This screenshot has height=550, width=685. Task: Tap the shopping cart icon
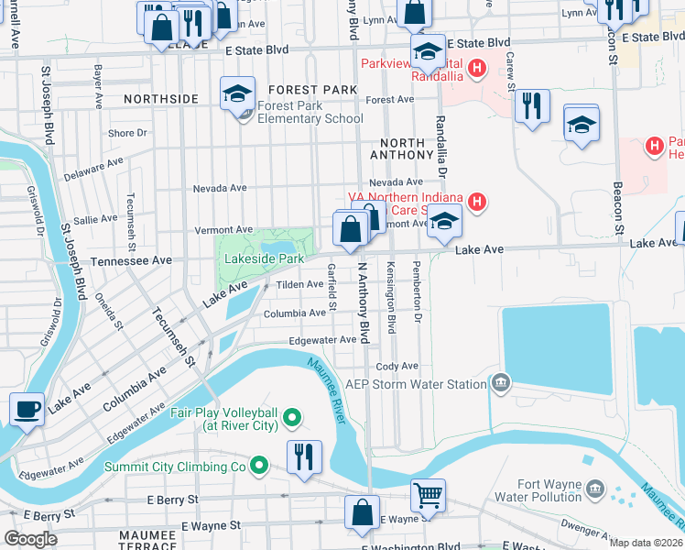[428, 496]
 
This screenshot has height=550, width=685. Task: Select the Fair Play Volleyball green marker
[292, 419]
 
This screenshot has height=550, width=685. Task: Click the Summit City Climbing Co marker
[259, 467]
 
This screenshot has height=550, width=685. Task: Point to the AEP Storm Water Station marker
[501, 382]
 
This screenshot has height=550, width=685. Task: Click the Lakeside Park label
[265, 259]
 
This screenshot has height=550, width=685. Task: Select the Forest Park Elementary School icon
[236, 94]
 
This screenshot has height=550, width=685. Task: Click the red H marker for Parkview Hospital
[476, 68]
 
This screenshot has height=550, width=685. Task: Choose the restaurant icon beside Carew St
[531, 107]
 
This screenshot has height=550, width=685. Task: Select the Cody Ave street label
[397, 366]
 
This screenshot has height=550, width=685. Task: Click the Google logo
[31, 539]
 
